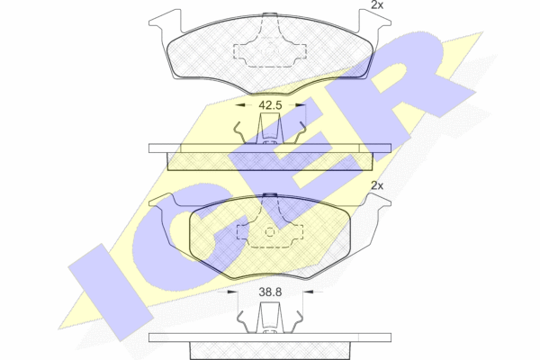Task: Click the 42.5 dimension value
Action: click(270, 105)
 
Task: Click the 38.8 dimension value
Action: click(270, 292)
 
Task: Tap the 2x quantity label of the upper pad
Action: click(377, 4)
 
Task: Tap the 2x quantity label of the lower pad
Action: click(377, 185)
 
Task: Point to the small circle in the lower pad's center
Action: click(270, 232)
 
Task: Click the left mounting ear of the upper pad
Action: click(165, 22)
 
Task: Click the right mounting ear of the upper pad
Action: click(375, 22)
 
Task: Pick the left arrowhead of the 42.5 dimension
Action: click(240, 105)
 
